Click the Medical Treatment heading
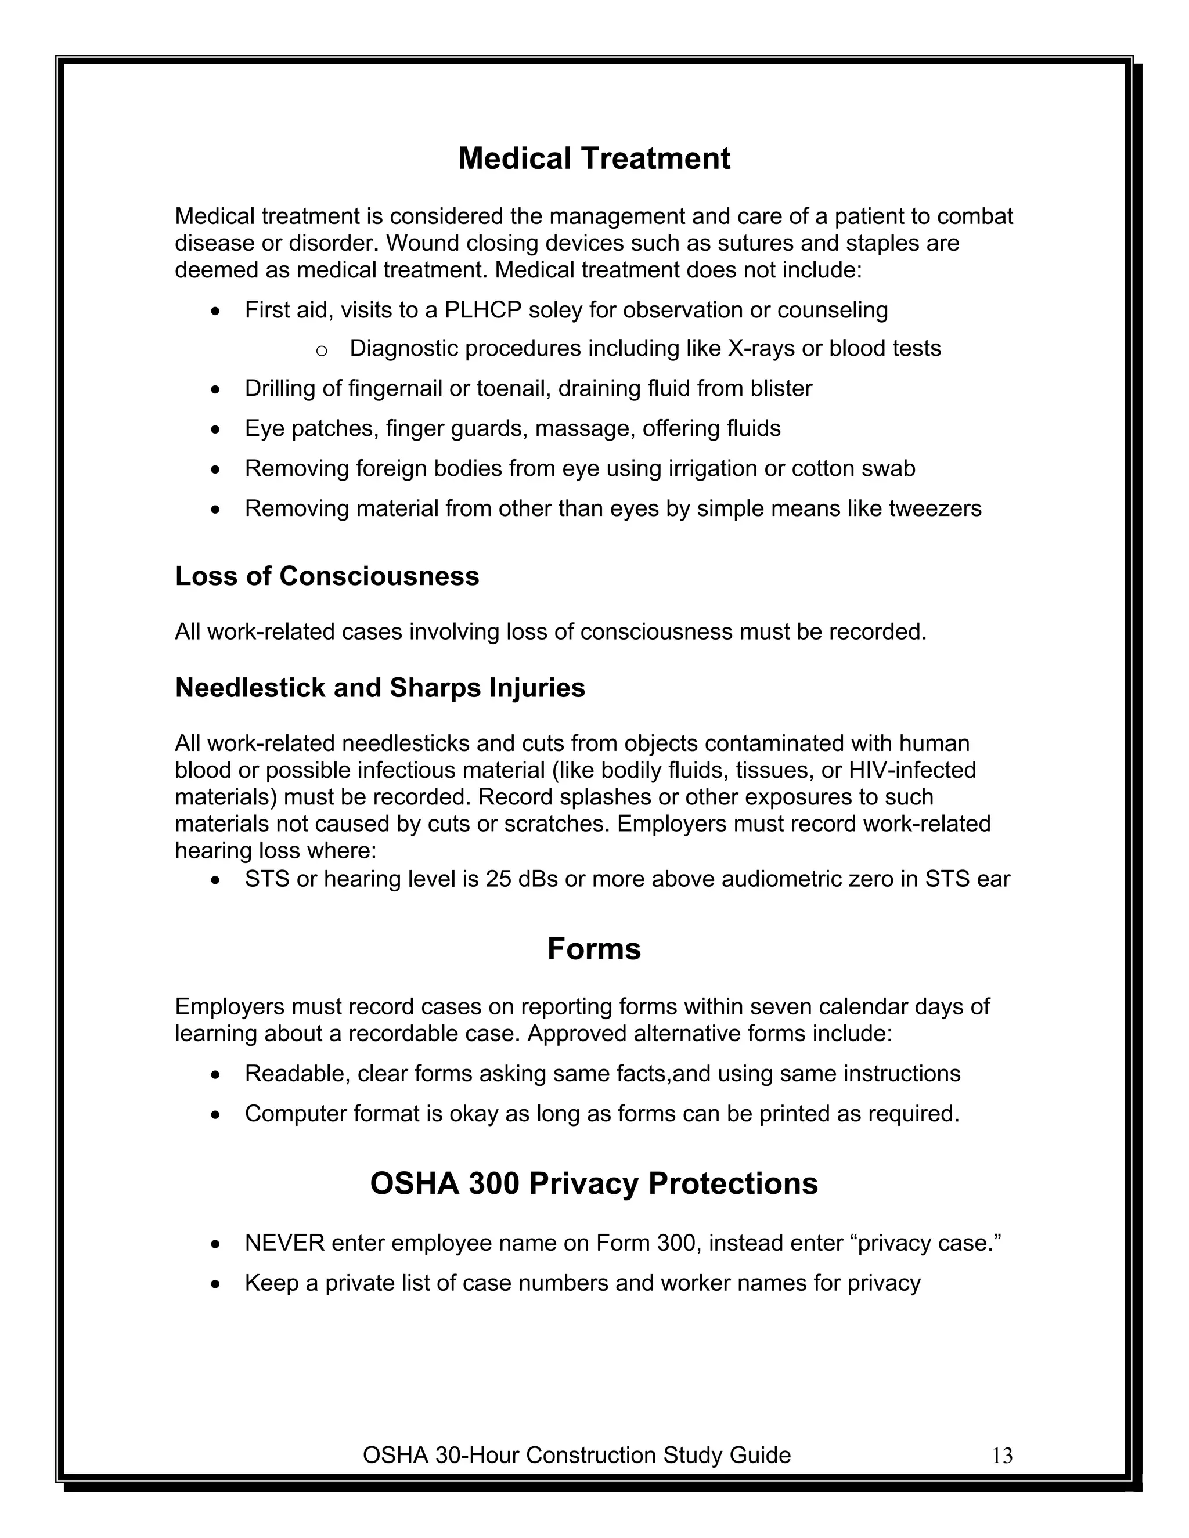[x=594, y=158]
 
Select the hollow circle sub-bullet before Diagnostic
[x=321, y=350]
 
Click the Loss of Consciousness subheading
[x=327, y=576]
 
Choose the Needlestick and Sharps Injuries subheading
[x=380, y=687]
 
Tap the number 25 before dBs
[x=498, y=879]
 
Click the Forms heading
[x=594, y=949]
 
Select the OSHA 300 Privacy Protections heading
[x=594, y=1184]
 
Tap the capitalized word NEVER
[x=284, y=1243]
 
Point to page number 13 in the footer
[x=1001, y=1456]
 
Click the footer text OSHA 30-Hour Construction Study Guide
[x=576, y=1455]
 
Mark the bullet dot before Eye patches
[x=216, y=430]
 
